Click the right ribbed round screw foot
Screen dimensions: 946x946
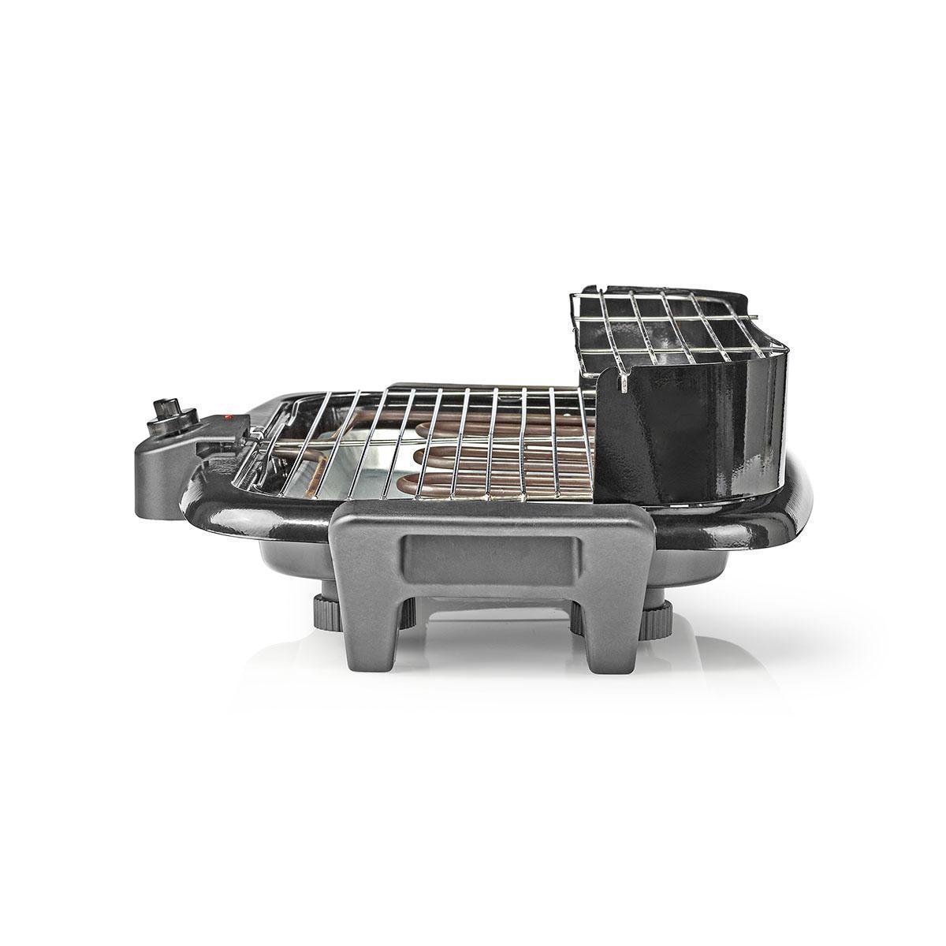[654, 620]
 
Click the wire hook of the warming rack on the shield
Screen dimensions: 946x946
[620, 383]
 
